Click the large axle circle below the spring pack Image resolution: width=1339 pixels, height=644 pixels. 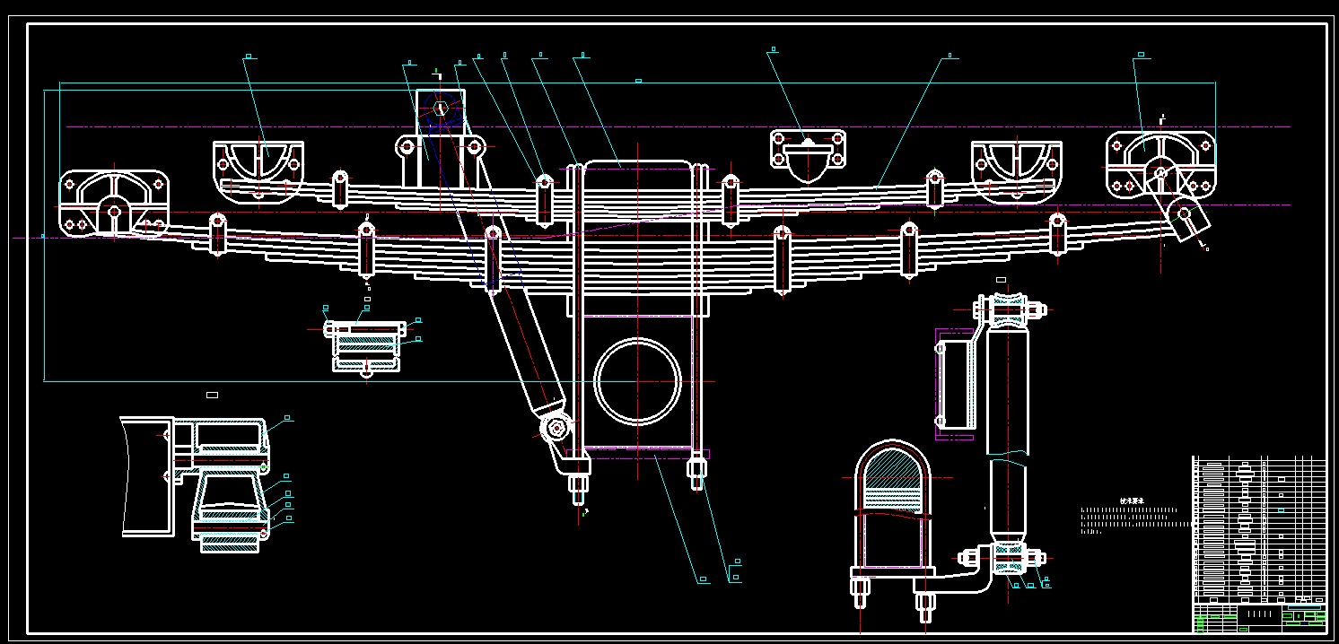pyautogui.click(x=637, y=381)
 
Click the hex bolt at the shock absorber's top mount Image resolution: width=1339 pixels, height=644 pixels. pyautogui.click(x=440, y=109)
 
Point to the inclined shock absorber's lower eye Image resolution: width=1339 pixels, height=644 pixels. pyautogui.click(x=556, y=428)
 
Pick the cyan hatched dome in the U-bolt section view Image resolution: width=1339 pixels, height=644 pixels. pyautogui.click(x=892, y=466)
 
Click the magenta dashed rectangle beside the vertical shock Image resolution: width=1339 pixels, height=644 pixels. pyautogui.click(x=955, y=384)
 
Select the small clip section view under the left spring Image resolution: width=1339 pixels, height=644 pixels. pyautogui.click(x=365, y=344)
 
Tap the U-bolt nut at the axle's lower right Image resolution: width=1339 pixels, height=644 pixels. pyautogui.click(x=697, y=470)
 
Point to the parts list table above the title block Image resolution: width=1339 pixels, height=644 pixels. pyautogui.click(x=1258, y=529)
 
